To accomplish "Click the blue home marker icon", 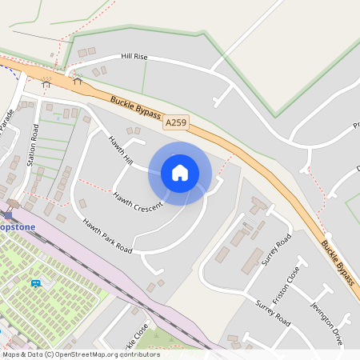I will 180,173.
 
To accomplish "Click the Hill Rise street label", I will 134,57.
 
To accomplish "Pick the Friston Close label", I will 284,284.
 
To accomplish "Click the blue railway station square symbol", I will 9,214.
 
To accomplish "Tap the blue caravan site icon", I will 35,284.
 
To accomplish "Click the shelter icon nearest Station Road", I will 46,82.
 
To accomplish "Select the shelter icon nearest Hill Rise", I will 78,79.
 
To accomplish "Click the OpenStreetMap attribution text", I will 80,354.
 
